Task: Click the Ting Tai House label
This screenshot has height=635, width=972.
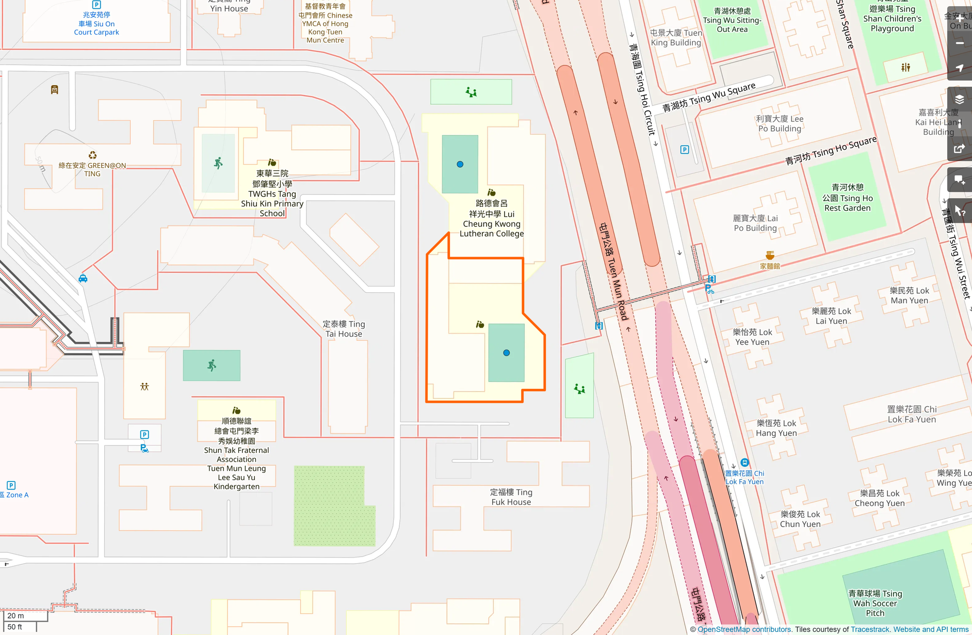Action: click(344, 329)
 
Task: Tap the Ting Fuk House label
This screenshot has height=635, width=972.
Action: click(511, 497)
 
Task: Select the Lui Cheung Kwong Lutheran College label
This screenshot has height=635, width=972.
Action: click(492, 218)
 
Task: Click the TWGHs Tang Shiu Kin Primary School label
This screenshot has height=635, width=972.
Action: click(272, 194)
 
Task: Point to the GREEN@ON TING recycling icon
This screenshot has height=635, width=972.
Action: click(92, 155)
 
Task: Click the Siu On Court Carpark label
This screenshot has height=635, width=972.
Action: click(96, 24)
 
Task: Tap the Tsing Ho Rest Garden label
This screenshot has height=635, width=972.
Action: click(847, 198)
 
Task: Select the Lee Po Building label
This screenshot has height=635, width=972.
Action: click(780, 123)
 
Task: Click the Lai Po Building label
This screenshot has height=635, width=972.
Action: click(755, 223)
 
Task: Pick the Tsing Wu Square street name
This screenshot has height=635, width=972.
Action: click(709, 97)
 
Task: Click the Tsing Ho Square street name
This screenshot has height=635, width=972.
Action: click(831, 150)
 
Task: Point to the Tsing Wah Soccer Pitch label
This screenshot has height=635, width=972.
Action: click(875, 603)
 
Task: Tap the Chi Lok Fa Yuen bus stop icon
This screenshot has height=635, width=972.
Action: click(744, 463)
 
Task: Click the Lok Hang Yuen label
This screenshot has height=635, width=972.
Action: click(776, 428)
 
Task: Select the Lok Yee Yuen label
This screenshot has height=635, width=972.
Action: click(752, 337)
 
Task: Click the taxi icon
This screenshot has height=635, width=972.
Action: click(83, 279)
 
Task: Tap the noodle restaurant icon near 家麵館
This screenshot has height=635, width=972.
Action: click(770, 256)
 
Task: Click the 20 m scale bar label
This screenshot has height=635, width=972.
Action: click(15, 615)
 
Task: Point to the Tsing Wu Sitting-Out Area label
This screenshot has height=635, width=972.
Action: click(732, 20)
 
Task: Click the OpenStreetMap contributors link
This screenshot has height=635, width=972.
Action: click(744, 629)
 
